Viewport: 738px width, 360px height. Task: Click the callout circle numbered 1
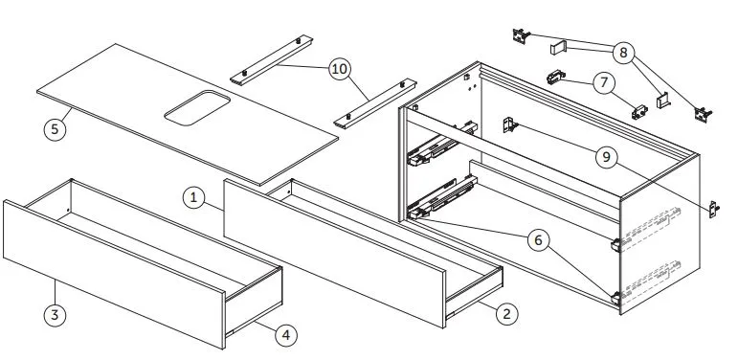pos(194,198)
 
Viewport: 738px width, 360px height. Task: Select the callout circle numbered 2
pos(506,314)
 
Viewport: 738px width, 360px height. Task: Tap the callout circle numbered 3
pos(56,314)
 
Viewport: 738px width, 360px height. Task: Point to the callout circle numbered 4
pos(286,335)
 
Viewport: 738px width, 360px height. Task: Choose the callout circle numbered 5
pos(56,128)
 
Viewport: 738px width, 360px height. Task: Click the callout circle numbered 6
pos(538,240)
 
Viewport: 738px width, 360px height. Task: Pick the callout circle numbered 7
pos(604,83)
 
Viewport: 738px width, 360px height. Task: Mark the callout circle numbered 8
pos(624,53)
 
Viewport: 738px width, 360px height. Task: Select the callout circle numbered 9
pos(606,157)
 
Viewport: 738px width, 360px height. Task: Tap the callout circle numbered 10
pos(340,69)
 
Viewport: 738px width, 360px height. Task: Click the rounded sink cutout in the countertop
pos(197,108)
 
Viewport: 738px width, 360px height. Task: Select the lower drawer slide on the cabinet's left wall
pos(442,197)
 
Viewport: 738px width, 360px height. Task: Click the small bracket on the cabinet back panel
pos(510,124)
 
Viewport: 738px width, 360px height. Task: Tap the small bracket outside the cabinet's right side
pos(714,209)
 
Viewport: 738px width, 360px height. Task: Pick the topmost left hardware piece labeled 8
pos(521,35)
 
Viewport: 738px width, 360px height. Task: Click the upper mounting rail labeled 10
pos(272,59)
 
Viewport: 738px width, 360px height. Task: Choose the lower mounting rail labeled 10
pos(375,103)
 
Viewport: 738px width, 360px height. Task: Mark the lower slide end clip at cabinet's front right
pos(615,298)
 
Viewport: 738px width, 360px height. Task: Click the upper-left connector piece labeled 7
pos(556,77)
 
